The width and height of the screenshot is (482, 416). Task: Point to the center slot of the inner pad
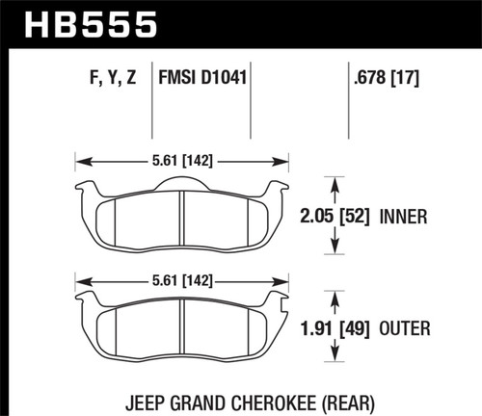pyautogui.click(x=183, y=216)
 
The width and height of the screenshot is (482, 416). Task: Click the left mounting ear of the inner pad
pyautogui.click(x=84, y=187)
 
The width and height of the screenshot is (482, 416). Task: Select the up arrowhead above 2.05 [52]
pyautogui.click(x=335, y=180)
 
